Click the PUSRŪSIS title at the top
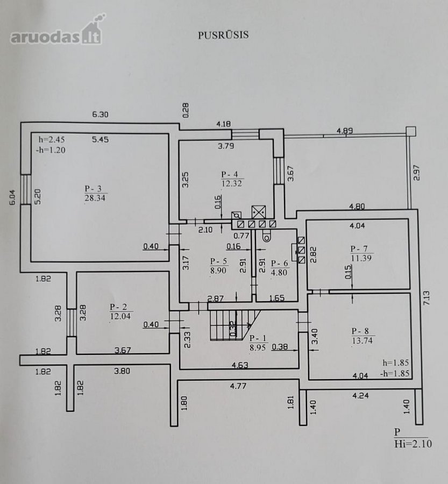click(223, 35)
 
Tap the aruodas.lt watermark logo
click(58, 30)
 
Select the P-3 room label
click(93, 189)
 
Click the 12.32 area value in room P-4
click(232, 184)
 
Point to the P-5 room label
click(218, 261)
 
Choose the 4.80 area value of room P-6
click(279, 273)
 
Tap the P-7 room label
click(359, 249)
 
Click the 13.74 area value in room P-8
click(362, 340)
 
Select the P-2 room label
click(118, 307)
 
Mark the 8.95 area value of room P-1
click(258, 347)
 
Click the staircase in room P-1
click(234, 325)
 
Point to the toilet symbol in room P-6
click(266, 236)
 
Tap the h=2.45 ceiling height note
click(52, 139)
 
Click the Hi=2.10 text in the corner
click(413, 444)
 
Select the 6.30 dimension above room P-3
click(101, 115)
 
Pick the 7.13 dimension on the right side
click(426, 298)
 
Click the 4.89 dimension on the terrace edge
click(345, 131)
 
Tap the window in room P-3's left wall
click(26, 189)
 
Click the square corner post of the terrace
click(411, 131)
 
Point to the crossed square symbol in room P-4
click(259, 212)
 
